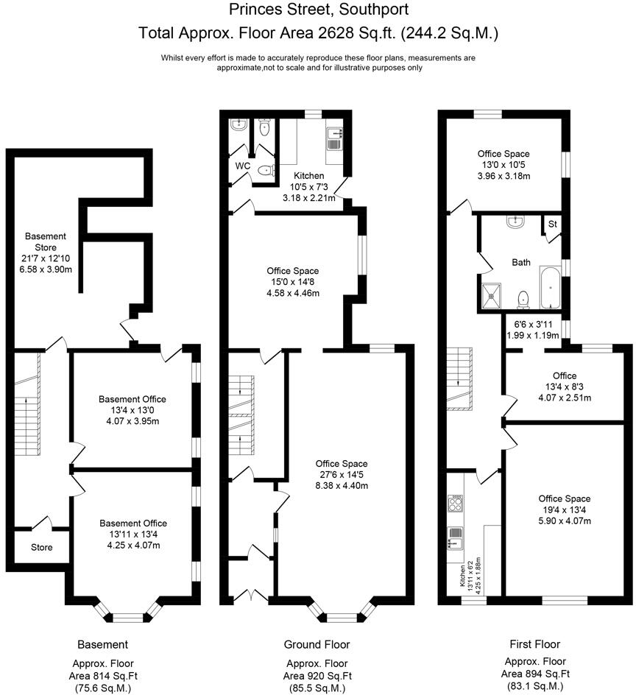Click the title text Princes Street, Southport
pos(317,10)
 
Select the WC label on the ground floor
pos(243,166)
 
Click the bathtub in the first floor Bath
pos(550,288)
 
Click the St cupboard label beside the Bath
pos(551,224)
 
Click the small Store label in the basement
pos(42,548)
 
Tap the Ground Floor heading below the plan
pos(317,645)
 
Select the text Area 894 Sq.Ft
pos(535,674)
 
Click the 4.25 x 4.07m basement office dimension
pos(134,546)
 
